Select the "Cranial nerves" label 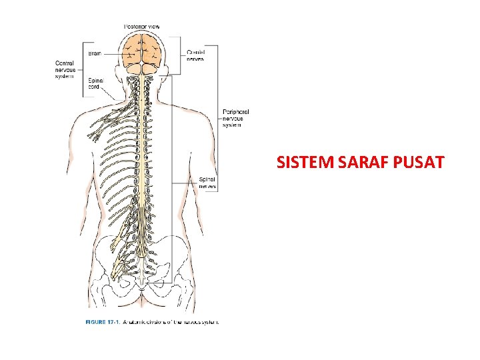coord(195,55)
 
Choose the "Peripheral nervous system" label coord(235,118)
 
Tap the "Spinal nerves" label coord(207,183)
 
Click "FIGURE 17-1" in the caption coord(102,321)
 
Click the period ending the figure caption coord(218,321)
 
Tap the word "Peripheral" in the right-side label coord(235,112)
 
